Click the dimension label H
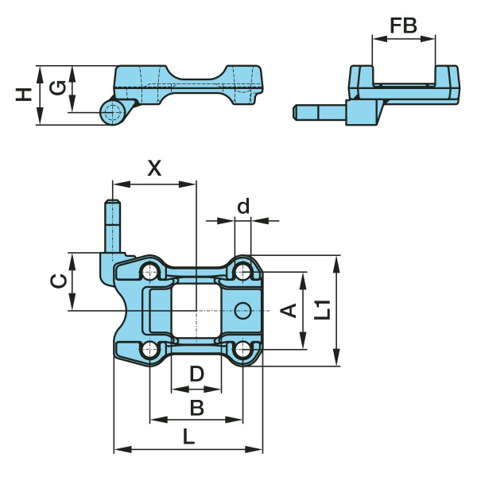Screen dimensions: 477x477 [x=25, y=95]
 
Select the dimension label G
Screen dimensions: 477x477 [x=57, y=87]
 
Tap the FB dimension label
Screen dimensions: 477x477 [x=403, y=25]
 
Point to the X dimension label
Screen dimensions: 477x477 [x=154, y=168]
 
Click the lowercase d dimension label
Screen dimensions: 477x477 [x=243, y=207]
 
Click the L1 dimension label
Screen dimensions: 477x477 [x=322, y=309]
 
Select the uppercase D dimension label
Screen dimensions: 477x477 [x=196, y=374]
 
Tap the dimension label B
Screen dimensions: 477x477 [x=196, y=408]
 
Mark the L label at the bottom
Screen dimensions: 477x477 [x=188, y=436]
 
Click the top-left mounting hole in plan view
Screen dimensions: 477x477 [x=149, y=273]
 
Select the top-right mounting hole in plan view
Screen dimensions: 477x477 [x=243, y=273]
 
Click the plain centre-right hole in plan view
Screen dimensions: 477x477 [x=243, y=309]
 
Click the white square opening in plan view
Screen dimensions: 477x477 [x=195, y=310]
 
